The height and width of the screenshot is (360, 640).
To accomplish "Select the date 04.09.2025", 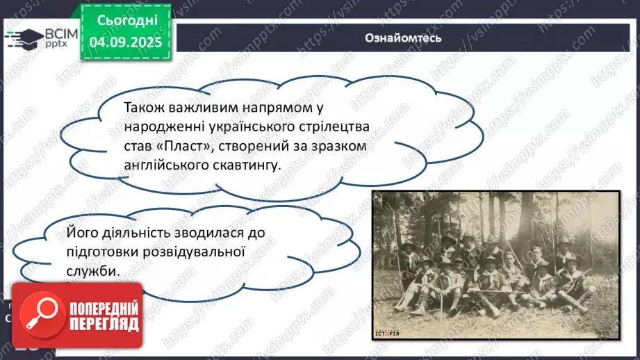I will coord(124,42).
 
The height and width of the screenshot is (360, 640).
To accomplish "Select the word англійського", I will coord(165,166).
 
